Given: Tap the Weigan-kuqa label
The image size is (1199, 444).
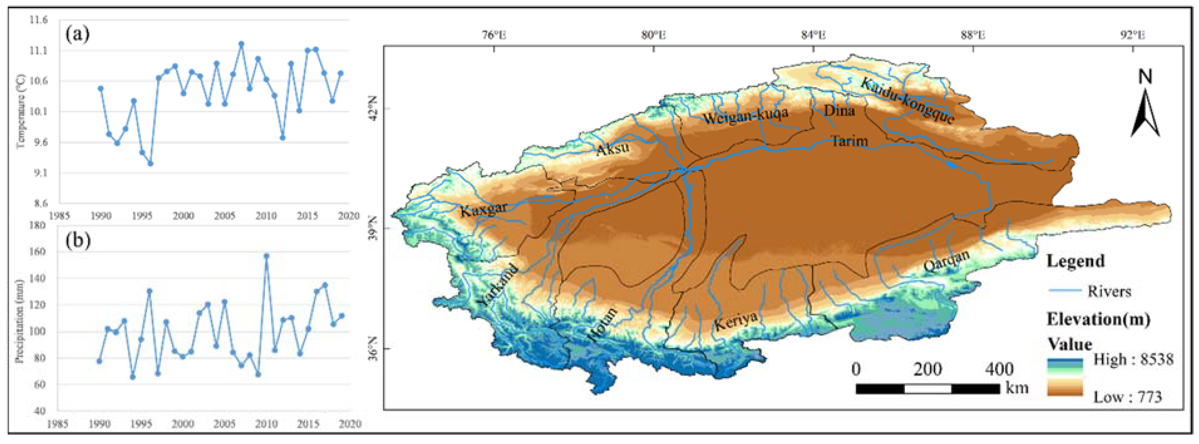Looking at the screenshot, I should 745,115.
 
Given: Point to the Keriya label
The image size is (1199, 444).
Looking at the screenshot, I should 735,321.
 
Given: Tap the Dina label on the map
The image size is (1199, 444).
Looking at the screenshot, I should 839,111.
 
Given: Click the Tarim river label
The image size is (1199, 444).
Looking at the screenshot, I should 850,140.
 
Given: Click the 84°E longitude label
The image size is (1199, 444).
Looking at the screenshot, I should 813,35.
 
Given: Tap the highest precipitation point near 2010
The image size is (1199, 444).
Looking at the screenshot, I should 266,256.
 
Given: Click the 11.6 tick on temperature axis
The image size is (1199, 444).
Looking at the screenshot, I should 38,20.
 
